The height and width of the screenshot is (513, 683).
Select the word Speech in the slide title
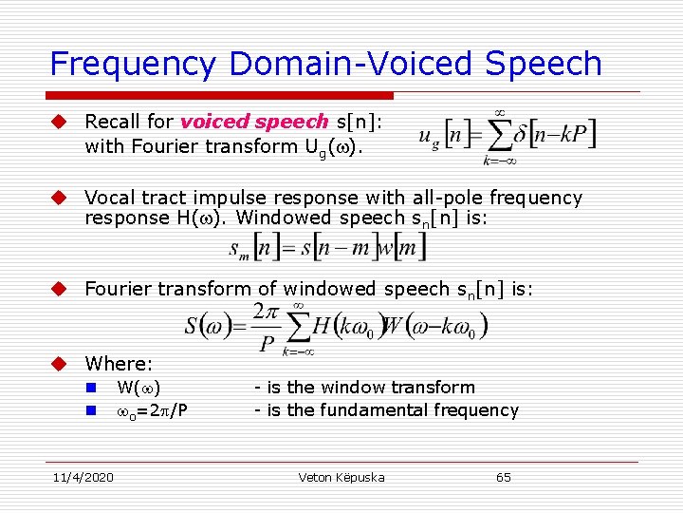(x=542, y=64)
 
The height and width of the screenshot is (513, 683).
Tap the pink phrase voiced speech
(x=253, y=122)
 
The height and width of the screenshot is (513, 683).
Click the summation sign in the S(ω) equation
(x=297, y=327)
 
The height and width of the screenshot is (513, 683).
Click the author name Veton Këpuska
(x=341, y=477)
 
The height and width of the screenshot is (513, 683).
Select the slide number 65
(x=503, y=477)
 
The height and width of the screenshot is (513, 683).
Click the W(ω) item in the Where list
(x=138, y=388)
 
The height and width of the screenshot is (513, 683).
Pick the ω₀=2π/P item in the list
(x=151, y=411)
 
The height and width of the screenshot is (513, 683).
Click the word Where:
(x=119, y=363)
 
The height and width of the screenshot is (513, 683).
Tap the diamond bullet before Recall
(x=58, y=122)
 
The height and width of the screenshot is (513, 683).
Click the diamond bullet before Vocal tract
(x=58, y=198)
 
